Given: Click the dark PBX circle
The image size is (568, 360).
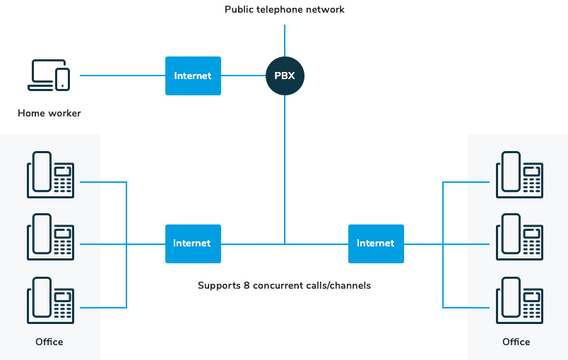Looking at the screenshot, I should [285, 76].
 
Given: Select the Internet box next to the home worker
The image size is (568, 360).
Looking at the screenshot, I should [193, 76].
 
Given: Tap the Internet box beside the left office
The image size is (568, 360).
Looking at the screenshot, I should [193, 244].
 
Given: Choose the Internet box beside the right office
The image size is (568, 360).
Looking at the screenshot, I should [376, 244].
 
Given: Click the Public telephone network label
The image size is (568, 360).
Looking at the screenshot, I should [285, 10].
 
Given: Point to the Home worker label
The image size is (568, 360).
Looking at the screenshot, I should [49, 113].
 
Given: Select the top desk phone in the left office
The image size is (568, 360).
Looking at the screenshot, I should [50, 174].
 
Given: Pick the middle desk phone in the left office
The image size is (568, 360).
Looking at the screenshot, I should [50, 236].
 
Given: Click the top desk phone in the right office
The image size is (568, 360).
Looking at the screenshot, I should [519, 174].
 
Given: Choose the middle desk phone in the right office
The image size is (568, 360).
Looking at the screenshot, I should [519, 236].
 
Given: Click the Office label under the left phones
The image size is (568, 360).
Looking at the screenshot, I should [49, 342].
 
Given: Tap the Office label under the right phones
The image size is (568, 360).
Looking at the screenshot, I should [516, 342].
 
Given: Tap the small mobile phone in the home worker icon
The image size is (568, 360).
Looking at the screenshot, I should [63, 78].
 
